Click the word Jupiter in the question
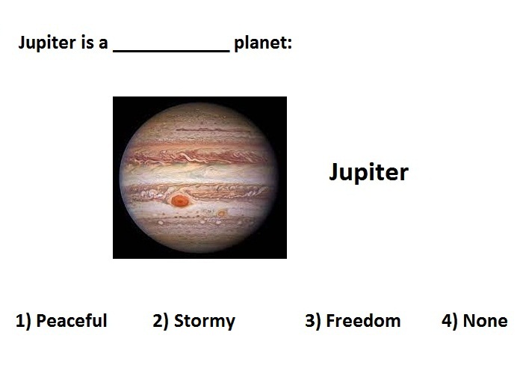(47, 43)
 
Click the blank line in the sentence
(171, 51)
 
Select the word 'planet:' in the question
(263, 43)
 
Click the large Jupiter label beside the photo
(368, 172)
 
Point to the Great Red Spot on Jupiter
(180, 200)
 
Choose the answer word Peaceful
(72, 321)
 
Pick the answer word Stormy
(205, 321)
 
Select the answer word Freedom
(363, 321)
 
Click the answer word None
(486, 321)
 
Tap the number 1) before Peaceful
(23, 321)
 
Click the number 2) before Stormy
(161, 321)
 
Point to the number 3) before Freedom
(313, 321)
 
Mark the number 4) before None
(450, 321)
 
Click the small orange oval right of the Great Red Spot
(221, 213)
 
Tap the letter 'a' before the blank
(103, 44)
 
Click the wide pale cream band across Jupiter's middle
(199, 174)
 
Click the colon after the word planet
(289, 44)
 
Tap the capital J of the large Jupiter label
(334, 172)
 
